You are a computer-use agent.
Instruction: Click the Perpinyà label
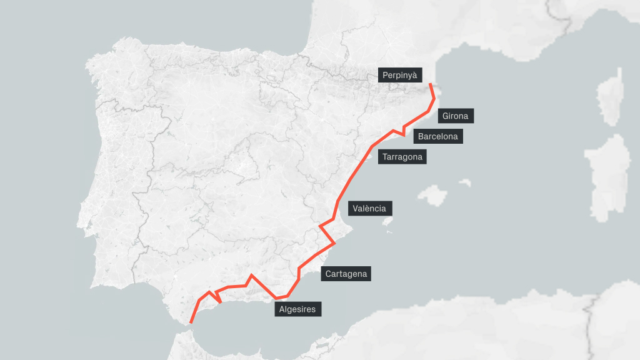click(400, 76)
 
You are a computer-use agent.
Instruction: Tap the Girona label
click(455, 116)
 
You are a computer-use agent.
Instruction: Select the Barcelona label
click(437, 136)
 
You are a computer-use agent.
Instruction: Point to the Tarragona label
click(402, 157)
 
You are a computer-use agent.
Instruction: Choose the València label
click(369, 209)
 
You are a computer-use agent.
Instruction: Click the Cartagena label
click(346, 274)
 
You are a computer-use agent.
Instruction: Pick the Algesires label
click(297, 309)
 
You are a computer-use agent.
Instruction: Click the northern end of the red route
click(430, 84)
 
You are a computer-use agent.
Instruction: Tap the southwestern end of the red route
click(191, 322)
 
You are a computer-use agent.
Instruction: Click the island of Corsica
click(611, 97)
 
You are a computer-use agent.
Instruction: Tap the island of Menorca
click(465, 182)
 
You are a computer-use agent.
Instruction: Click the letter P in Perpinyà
click(385, 76)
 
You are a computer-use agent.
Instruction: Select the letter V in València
click(356, 209)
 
